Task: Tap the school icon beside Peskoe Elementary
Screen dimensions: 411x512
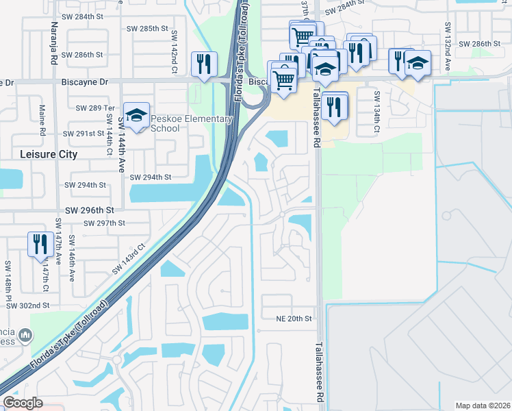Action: point(136,114)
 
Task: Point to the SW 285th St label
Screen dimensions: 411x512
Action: point(147,29)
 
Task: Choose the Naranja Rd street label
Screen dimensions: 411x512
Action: point(54,39)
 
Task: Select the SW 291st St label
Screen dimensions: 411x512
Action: point(85,134)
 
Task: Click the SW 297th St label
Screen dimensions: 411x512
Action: point(104,223)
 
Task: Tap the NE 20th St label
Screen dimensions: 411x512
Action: point(294,319)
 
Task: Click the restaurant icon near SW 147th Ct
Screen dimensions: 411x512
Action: point(40,244)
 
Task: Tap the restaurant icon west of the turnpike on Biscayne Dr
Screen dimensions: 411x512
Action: point(204,64)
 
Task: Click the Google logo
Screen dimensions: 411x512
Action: point(23,403)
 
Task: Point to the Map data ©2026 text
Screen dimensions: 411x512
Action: point(482,406)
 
